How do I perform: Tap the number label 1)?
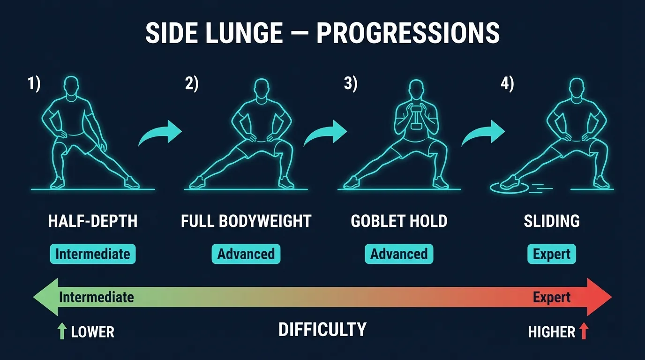pyautogui.click(x=34, y=84)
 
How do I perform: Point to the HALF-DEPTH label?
pyautogui.click(x=93, y=221)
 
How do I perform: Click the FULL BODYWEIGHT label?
pyautogui.click(x=246, y=221)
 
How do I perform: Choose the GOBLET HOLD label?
pyautogui.click(x=399, y=221)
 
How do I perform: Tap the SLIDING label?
pyautogui.click(x=552, y=221)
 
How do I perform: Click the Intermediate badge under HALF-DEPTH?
pyautogui.click(x=93, y=254)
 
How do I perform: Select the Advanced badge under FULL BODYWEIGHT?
pyautogui.click(x=246, y=254)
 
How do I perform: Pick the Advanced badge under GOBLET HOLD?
pyautogui.click(x=399, y=254)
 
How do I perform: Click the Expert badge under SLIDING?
pyautogui.click(x=552, y=254)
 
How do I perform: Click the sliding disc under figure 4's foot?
pyautogui.click(x=509, y=187)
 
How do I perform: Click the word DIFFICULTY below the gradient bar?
pyautogui.click(x=322, y=330)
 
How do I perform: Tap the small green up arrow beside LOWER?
pyautogui.click(x=61, y=332)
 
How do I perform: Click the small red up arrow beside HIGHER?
pyautogui.click(x=584, y=332)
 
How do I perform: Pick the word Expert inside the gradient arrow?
pyautogui.click(x=552, y=297)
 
